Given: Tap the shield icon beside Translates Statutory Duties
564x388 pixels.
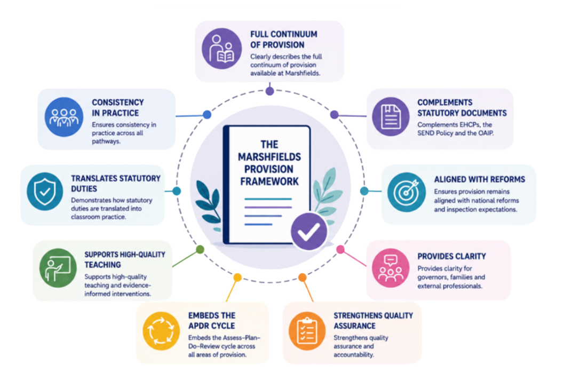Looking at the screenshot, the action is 45,192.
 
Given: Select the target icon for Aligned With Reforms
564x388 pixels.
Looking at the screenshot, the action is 407,192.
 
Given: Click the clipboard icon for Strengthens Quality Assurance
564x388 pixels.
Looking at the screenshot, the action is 307,331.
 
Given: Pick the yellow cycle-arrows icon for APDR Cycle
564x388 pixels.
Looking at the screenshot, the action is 161,331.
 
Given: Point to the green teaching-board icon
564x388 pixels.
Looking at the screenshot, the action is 58,268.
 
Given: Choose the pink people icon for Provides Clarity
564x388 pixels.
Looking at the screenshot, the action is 391,268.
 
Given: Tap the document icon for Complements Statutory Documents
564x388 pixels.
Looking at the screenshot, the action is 391,117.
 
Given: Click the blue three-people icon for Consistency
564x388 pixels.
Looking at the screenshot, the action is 64,117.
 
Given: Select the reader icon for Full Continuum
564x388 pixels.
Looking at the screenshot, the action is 221,49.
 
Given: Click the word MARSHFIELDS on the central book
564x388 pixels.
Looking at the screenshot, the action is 269,157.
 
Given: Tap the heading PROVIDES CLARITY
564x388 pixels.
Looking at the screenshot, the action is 451,256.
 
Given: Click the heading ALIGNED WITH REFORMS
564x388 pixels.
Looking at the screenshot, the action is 480,179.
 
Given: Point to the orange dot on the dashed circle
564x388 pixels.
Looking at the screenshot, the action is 303,278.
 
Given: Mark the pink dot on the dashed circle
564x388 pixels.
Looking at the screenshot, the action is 340,249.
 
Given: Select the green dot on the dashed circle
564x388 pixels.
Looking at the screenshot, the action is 200,249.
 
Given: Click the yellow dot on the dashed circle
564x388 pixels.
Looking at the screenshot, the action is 237,278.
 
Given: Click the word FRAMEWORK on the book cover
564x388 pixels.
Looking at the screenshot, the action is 269,181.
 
